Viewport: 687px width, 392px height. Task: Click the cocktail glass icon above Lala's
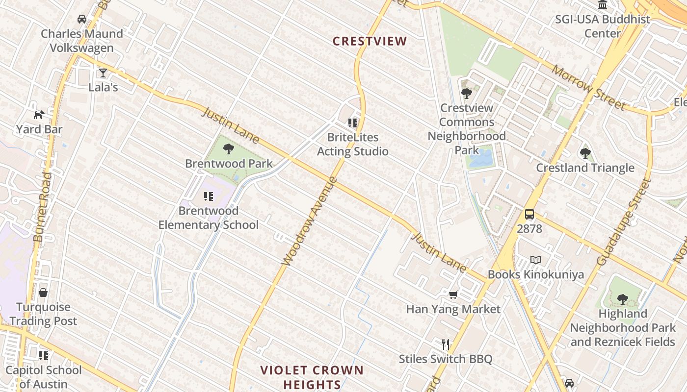coord(103,73)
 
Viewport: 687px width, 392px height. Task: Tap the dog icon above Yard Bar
coord(39,115)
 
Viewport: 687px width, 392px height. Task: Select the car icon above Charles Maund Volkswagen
coord(82,19)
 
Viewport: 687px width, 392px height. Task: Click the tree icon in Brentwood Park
coord(229,148)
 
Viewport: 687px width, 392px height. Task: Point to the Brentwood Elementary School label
coord(208,218)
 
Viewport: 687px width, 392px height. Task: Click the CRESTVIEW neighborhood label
coord(370,41)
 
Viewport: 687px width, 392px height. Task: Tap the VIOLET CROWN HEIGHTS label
coord(312,377)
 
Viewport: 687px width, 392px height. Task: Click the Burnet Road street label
coord(42,207)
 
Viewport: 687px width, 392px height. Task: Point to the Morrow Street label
coord(588,87)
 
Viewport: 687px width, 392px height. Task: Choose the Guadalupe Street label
coord(623,222)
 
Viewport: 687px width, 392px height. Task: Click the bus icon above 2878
coord(529,214)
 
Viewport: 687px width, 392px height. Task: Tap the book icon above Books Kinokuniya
coord(536,260)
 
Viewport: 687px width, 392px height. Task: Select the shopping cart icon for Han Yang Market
coord(453,294)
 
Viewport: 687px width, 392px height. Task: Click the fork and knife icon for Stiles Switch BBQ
coord(446,344)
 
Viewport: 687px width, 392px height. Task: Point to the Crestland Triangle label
coord(585,168)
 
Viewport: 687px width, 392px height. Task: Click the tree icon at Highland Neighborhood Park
coord(622,298)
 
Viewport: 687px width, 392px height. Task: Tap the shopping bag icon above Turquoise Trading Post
coord(43,293)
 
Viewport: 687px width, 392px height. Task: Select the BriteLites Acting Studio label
coord(353,145)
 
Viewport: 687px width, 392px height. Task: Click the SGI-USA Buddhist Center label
coord(603,26)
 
